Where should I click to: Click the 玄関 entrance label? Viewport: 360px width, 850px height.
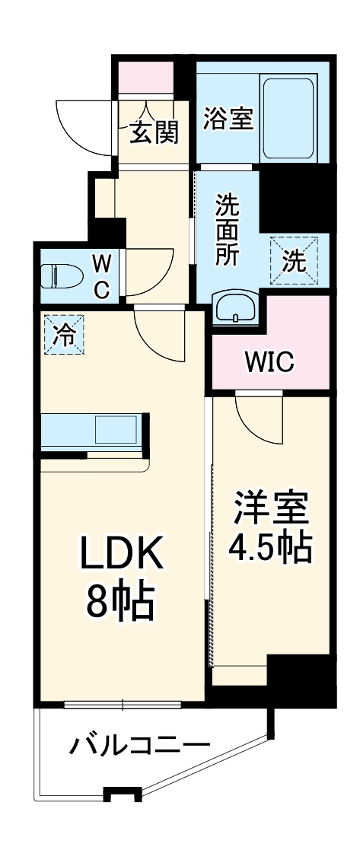click(154, 132)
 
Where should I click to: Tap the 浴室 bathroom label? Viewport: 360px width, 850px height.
click(228, 118)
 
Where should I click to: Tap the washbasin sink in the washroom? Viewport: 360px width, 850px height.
click(235, 308)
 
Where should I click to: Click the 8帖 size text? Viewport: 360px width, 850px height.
click(122, 604)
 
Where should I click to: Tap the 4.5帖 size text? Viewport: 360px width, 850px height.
click(271, 547)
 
